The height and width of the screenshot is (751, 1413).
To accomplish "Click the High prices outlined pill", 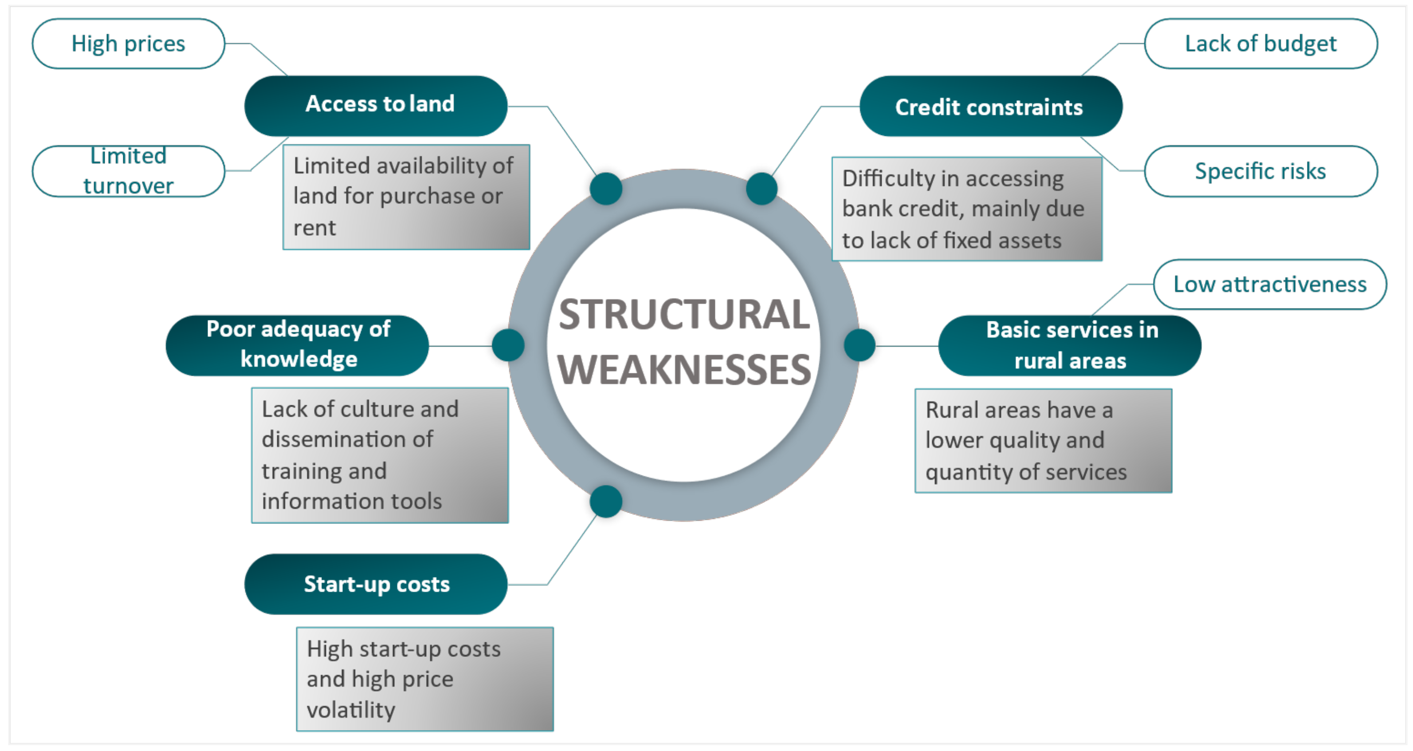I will click(128, 44).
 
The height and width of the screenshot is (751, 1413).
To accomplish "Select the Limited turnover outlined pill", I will click(128, 171).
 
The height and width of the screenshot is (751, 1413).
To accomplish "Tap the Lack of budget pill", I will click(1260, 44).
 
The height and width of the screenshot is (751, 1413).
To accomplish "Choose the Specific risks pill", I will click(1260, 171).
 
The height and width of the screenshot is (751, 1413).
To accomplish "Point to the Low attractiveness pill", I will click(1270, 285).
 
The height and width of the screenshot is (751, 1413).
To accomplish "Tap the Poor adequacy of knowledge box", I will click(297, 345).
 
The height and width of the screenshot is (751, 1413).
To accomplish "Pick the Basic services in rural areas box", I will click(1070, 345).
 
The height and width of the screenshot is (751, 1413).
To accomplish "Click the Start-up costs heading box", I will click(376, 584).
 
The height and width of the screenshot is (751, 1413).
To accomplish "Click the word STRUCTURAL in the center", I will click(684, 315).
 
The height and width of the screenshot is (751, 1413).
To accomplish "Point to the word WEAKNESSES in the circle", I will click(684, 369).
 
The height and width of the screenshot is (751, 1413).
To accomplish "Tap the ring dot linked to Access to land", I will click(606, 188).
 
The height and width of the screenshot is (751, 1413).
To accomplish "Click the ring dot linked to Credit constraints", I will click(762, 188).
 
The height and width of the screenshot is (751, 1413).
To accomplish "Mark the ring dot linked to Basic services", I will click(860, 345).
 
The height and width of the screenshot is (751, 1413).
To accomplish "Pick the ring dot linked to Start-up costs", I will click(606, 501).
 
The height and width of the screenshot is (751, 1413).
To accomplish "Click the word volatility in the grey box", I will click(351, 710).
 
